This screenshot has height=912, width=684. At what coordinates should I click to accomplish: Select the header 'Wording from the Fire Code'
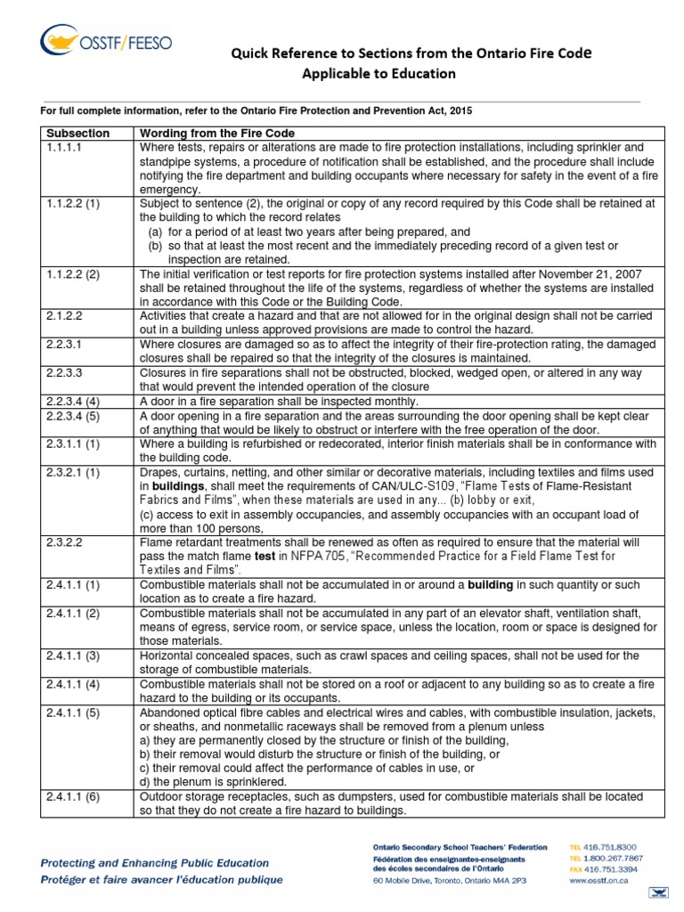coord(217,133)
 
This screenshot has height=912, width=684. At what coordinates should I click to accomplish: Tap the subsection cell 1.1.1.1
coord(64,147)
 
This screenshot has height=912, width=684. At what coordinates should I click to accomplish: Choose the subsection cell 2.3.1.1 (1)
coord(75,444)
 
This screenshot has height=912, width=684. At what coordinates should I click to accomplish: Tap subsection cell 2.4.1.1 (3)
coord(75,655)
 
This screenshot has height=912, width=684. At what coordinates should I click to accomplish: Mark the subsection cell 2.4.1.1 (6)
coord(75,797)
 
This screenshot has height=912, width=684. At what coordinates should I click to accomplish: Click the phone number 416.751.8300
coord(623,846)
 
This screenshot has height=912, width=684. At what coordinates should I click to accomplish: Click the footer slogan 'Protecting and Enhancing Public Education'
coord(156,862)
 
